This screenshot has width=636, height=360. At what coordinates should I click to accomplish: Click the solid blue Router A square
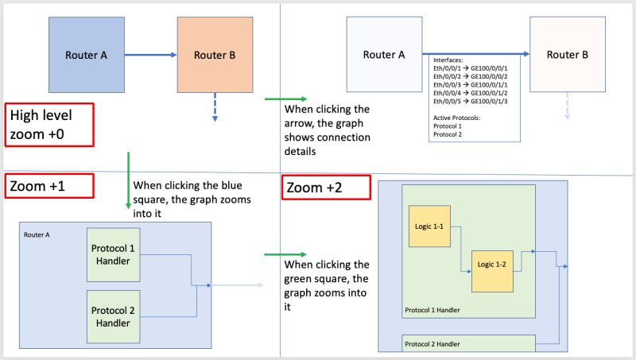point(87,56)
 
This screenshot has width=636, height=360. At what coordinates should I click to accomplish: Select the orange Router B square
point(214,56)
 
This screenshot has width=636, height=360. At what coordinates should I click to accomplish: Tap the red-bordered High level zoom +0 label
point(49,124)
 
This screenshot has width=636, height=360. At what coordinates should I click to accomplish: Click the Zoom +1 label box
point(49,185)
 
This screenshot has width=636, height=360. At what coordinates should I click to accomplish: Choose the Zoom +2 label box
point(326,188)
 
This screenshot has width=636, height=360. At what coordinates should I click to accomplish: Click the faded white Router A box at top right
point(384,55)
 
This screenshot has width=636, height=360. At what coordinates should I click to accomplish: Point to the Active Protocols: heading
point(460,118)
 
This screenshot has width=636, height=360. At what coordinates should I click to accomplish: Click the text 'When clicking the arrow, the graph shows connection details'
point(326,130)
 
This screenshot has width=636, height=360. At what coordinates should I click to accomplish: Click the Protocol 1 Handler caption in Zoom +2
point(434,310)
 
